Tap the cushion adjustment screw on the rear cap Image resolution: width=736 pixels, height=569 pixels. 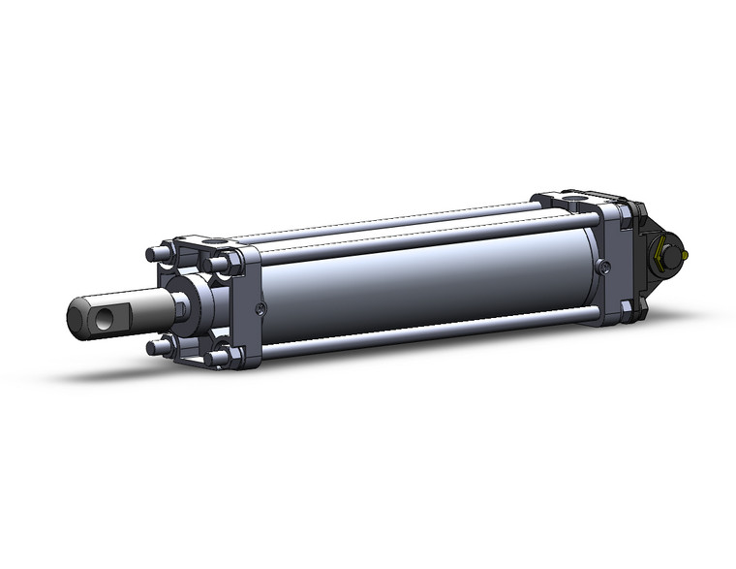604,266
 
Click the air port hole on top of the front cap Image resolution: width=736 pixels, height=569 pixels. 215,241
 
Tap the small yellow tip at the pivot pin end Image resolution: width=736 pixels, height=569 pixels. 685,255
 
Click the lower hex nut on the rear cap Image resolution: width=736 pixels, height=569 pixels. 627,308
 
